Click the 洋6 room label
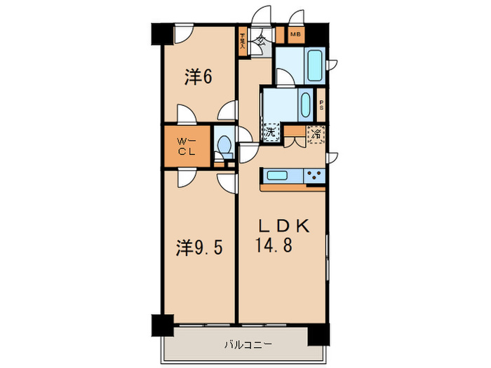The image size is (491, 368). (x=199, y=78)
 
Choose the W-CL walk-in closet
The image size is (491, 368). (x=187, y=146)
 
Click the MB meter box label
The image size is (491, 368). (x=295, y=34)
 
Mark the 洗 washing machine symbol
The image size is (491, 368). (x=270, y=131)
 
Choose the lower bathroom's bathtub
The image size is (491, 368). (x=306, y=106)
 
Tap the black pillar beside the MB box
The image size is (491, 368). (x=315, y=32)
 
